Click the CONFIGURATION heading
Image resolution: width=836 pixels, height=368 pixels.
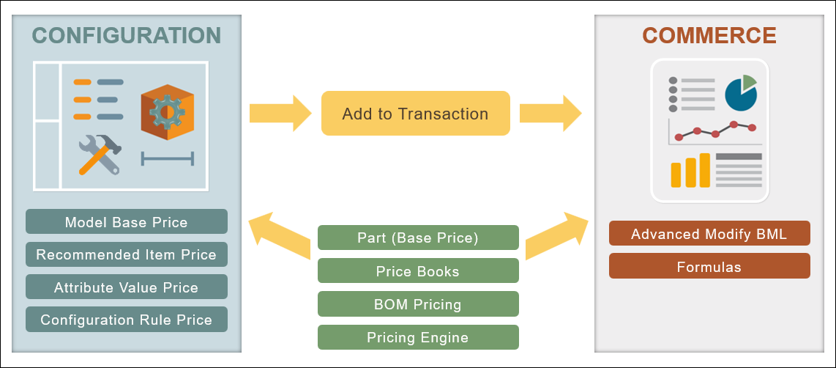tap(127, 35)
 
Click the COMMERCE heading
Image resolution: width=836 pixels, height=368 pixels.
tap(709, 36)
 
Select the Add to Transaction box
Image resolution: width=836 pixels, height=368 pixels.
tap(415, 114)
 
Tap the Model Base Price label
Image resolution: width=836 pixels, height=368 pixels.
tap(127, 222)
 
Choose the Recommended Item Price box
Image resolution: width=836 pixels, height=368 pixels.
tap(127, 255)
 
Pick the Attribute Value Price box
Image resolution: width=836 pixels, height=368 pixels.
tap(127, 287)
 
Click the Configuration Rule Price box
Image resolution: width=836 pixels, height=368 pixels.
tap(127, 320)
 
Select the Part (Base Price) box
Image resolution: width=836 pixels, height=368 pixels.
tap(418, 238)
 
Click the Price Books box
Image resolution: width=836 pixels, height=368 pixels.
tap(418, 271)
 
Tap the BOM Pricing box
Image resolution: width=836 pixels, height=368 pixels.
tap(418, 303)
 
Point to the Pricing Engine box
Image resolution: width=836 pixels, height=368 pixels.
tap(418, 337)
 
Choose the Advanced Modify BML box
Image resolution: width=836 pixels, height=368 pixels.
tap(709, 234)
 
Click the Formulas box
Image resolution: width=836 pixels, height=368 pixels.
tap(709, 267)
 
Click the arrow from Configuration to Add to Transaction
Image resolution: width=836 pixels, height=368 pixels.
tap(280, 114)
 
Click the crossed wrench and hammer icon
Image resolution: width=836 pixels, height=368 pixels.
tap(100, 155)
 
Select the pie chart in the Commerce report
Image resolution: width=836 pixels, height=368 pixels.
tap(740, 92)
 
